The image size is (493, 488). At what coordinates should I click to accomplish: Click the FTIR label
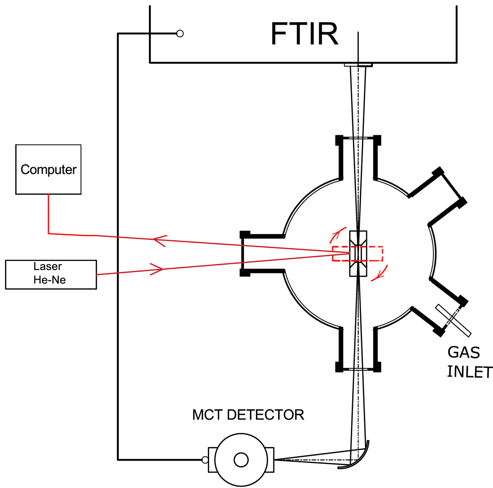[x=304, y=34]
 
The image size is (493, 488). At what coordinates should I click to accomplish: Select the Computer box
[x=48, y=169]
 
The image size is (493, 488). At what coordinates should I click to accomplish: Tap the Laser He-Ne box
[x=51, y=275]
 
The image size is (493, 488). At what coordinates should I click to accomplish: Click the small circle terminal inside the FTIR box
[x=180, y=34]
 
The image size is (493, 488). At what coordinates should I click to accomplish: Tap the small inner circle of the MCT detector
[x=241, y=460]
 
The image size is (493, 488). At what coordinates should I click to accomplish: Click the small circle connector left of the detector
[x=205, y=460]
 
